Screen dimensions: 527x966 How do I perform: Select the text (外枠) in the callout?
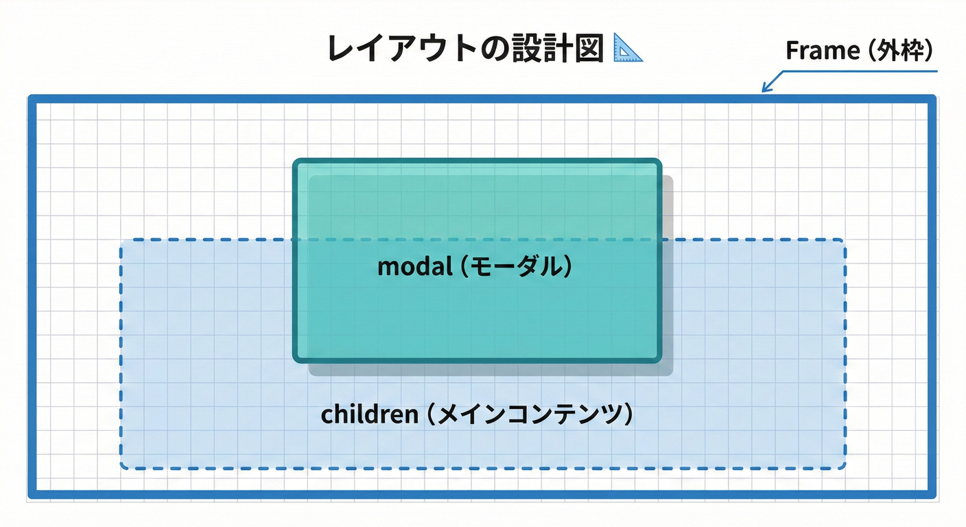pos(899,51)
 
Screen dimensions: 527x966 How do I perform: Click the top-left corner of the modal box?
pos(295,161)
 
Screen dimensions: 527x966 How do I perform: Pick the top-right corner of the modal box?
pos(659,161)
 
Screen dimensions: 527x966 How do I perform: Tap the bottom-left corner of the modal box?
pos(295,360)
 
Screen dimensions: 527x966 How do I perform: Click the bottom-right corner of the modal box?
pos(659,360)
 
